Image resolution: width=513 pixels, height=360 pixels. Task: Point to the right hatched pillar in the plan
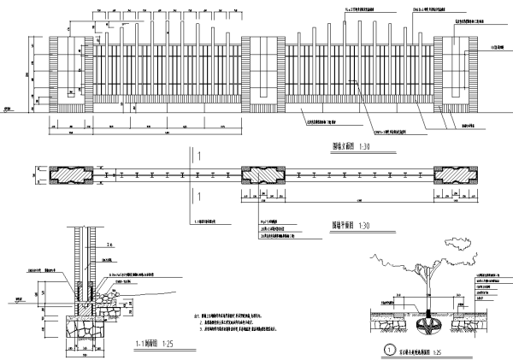[450, 174]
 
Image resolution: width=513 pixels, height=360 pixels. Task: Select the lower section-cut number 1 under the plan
[198, 197]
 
